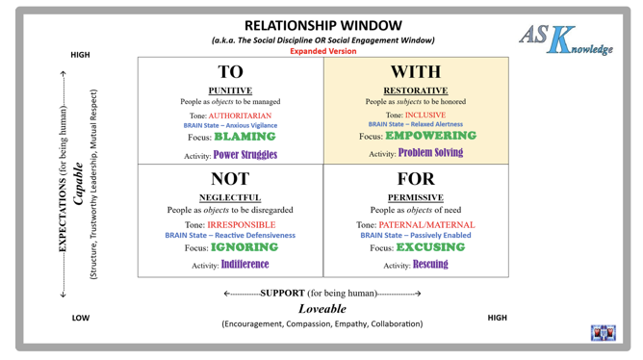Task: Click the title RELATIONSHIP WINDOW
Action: tap(323, 25)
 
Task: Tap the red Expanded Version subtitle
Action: tap(323, 51)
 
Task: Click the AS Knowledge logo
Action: tap(566, 39)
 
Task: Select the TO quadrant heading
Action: tap(230, 72)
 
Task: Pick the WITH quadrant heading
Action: tap(416, 72)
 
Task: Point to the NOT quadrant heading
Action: tap(230, 179)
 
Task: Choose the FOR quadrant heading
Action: tap(416, 179)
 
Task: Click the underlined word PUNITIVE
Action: tap(230, 90)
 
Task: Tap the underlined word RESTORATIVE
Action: tap(416, 90)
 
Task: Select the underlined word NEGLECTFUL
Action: tap(230, 197)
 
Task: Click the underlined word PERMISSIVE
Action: tap(416, 197)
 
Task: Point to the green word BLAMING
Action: tap(244, 137)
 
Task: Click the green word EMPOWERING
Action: tap(430, 136)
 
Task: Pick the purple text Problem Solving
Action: tap(430, 153)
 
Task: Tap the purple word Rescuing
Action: tap(430, 265)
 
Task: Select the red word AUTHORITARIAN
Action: tap(240, 116)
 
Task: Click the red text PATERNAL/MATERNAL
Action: tap(426, 225)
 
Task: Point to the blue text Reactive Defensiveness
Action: tap(255, 236)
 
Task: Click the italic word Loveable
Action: tap(322, 309)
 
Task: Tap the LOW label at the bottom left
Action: tap(81, 319)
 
